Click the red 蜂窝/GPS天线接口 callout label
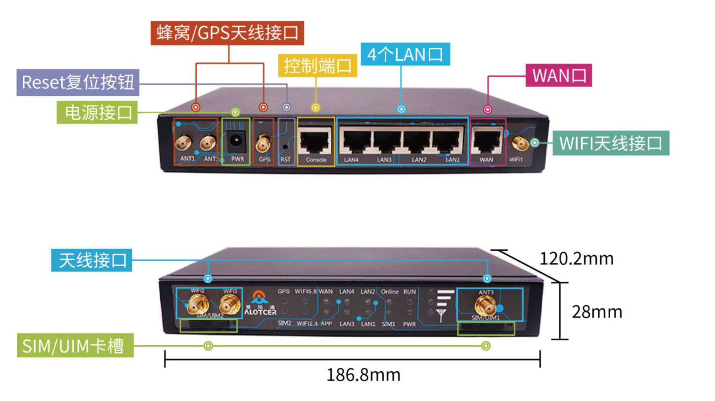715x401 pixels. pos(227,33)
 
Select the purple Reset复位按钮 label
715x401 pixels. pos(78,82)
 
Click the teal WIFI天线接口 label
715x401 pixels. pos(610,143)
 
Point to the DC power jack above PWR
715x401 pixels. pos(236,143)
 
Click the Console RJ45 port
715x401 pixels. pos(316,142)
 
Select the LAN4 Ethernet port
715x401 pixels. pos(354,142)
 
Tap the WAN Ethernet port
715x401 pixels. pos(487,142)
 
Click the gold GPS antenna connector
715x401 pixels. pos(263,144)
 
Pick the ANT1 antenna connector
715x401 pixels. pos(182,144)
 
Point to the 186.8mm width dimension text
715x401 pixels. pos(363,375)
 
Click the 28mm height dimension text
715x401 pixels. pos(596,312)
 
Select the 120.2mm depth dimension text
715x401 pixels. pos(576,259)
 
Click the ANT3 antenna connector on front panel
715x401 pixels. pos(484,305)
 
